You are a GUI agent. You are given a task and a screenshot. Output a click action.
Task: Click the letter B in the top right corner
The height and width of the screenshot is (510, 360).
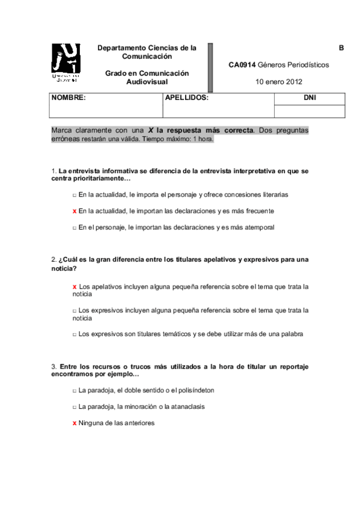[341, 48]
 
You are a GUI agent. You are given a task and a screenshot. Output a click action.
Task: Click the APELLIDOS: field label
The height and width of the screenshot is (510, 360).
[186, 97]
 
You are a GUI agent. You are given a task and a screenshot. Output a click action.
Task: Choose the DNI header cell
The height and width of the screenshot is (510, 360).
[310, 98]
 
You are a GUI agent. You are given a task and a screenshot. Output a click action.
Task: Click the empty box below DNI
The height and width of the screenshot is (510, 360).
[310, 111]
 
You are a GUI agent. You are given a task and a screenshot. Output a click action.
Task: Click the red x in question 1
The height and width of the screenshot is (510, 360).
[74, 211]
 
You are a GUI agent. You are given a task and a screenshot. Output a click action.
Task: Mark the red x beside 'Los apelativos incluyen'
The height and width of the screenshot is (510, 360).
[74, 287]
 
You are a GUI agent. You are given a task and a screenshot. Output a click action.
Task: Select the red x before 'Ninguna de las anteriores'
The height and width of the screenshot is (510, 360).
[74, 423]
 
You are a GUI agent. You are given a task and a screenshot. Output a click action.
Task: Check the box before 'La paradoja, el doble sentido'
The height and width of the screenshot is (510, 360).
[74, 390]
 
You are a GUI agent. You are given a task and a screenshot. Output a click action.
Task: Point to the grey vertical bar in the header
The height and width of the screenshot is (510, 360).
[211, 66]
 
